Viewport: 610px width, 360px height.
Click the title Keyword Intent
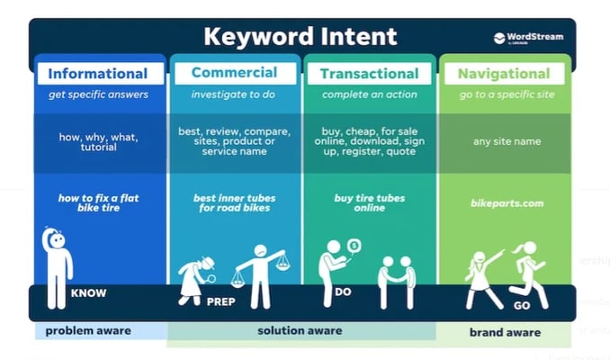[300, 37]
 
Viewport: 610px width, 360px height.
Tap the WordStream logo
[529, 38]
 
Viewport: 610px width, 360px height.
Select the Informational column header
[97, 74]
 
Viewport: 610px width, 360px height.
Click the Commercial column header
[234, 73]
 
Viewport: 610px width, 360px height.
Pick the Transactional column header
[368, 74]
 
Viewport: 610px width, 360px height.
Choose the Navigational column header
[505, 74]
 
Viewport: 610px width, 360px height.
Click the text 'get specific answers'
[98, 94]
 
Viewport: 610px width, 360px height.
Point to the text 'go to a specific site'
[507, 94]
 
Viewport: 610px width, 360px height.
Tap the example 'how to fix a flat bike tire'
[99, 203]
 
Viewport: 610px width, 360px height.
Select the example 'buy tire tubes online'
[369, 203]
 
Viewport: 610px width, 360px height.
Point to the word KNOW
[89, 293]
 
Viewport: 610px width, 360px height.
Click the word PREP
[220, 301]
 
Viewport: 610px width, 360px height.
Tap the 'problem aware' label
[88, 331]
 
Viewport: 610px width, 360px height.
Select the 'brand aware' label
[505, 332]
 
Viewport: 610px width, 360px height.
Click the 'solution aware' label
[300, 331]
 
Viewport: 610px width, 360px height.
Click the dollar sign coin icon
[354, 245]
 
